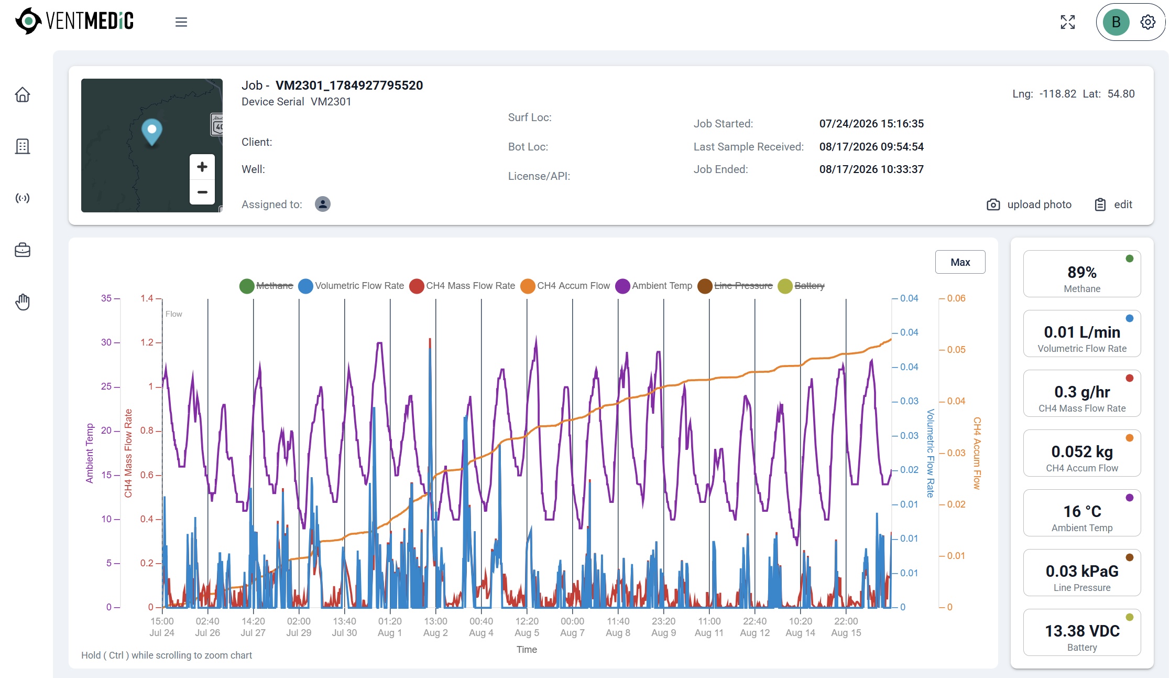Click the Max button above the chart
(x=960, y=262)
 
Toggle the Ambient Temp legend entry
(x=654, y=286)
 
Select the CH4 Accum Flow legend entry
(x=565, y=286)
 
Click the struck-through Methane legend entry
(x=266, y=286)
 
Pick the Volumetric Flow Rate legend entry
(x=351, y=286)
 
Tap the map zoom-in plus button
(x=202, y=167)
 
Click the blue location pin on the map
(x=152, y=132)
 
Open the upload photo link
(x=1029, y=205)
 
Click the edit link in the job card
(x=1114, y=205)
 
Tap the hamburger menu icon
(x=181, y=22)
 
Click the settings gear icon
(x=1147, y=22)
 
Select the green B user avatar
(x=1116, y=22)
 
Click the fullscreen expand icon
(x=1068, y=22)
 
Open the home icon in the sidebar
(x=23, y=95)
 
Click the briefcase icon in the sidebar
(x=23, y=250)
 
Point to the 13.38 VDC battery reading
(x=1082, y=631)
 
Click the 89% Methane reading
(x=1082, y=273)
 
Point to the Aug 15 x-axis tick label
(x=846, y=633)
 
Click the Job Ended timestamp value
(x=871, y=169)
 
